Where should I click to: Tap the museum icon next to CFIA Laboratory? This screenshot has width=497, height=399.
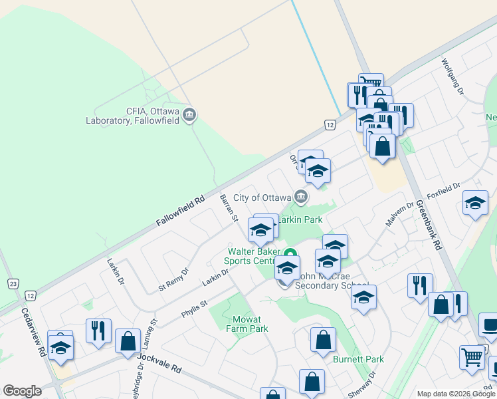tap(190, 116)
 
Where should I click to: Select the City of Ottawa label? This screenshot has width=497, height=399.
tap(262, 198)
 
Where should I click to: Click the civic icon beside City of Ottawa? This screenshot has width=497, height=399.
tap(301, 197)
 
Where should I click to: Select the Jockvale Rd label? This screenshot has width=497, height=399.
tap(159, 363)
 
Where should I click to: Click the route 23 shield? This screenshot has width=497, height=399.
tap(13, 284)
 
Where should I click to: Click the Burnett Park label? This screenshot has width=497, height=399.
tap(359, 359)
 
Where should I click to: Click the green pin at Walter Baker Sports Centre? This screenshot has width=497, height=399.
tap(290, 254)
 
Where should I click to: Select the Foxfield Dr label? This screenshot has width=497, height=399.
tap(445, 192)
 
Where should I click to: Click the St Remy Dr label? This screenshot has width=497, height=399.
tap(173, 279)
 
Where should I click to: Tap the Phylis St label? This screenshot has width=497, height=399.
tap(194, 308)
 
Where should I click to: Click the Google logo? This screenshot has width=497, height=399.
tap(22, 390)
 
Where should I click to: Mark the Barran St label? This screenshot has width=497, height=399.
tap(229, 207)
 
